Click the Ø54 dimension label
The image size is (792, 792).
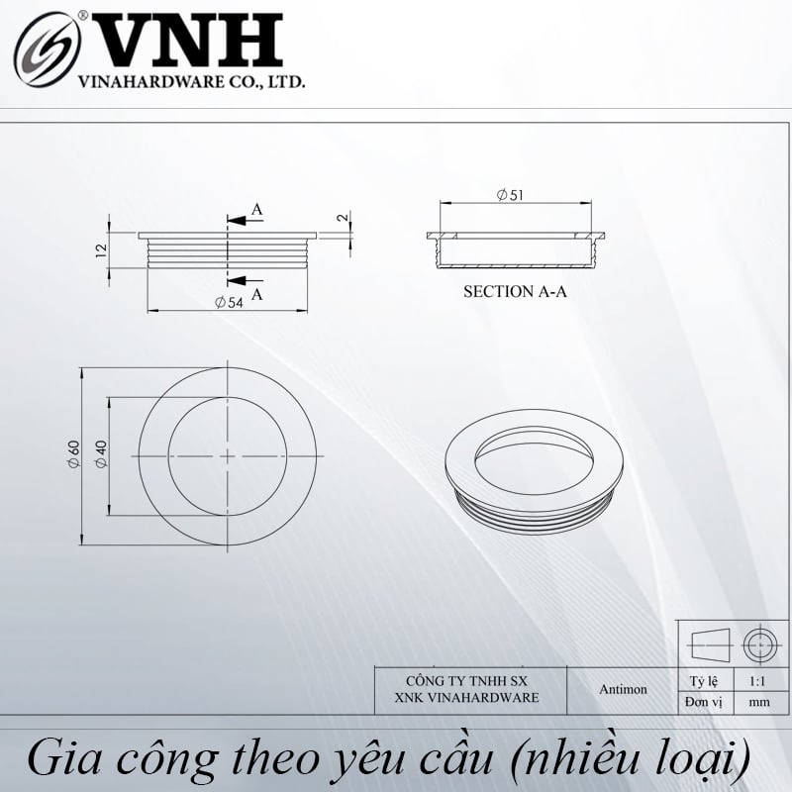(229, 303)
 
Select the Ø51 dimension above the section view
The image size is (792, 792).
(510, 195)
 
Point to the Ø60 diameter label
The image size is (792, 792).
(74, 454)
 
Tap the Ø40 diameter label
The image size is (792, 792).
(102, 454)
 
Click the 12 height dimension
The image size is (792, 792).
(101, 251)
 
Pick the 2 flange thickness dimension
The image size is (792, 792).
(343, 217)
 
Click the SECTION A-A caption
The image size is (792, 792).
(515, 291)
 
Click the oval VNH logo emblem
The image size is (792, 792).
(47, 49)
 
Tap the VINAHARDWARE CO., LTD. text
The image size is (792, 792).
(191, 82)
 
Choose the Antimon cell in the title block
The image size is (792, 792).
(623, 689)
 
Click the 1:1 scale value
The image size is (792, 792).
(757, 681)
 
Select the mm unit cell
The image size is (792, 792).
(759, 702)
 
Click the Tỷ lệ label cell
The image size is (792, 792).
(704, 682)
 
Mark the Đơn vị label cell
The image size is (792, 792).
(703, 702)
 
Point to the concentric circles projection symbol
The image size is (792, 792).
(759, 645)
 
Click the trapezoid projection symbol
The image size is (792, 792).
(710, 645)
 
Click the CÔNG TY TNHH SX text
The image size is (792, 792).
(466, 681)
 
